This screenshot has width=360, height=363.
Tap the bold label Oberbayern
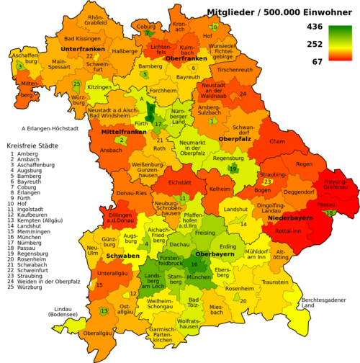(215, 254)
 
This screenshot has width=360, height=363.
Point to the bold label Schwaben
(123, 255)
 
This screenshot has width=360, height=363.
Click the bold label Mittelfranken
(119, 133)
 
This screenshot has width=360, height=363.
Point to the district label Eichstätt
(179, 183)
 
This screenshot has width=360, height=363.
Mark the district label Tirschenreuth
(235, 70)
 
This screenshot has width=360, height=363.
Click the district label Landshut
(235, 209)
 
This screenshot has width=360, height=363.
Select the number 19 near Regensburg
(233, 169)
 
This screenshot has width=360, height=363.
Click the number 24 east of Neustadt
(243, 94)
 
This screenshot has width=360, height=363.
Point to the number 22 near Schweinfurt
(89, 55)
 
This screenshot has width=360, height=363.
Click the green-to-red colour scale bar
(341, 43)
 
